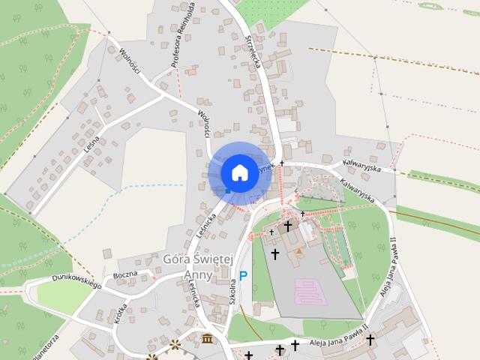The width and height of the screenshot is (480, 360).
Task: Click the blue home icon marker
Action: click(x=239, y=172)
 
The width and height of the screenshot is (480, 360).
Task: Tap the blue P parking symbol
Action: click(x=243, y=277)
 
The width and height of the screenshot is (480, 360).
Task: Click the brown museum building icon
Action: click(x=205, y=340)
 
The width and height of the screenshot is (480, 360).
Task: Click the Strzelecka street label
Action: click(x=252, y=52)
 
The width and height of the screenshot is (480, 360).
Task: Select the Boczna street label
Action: click(x=124, y=274)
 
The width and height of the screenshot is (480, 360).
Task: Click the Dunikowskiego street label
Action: click(x=76, y=281)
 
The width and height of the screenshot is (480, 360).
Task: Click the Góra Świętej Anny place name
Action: click(x=198, y=266)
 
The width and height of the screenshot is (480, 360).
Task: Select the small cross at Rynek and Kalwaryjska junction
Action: click(x=282, y=163)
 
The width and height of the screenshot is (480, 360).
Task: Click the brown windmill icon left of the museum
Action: click(x=175, y=345)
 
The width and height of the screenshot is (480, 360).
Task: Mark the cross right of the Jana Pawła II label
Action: click(x=370, y=340)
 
